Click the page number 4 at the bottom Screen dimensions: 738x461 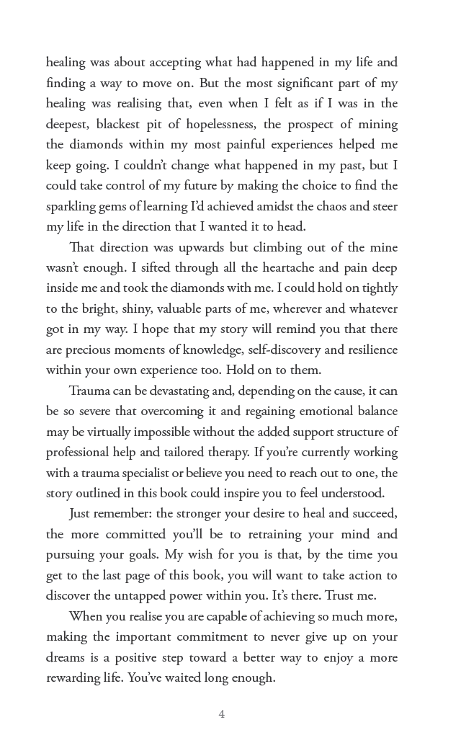pyautogui.click(x=222, y=714)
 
